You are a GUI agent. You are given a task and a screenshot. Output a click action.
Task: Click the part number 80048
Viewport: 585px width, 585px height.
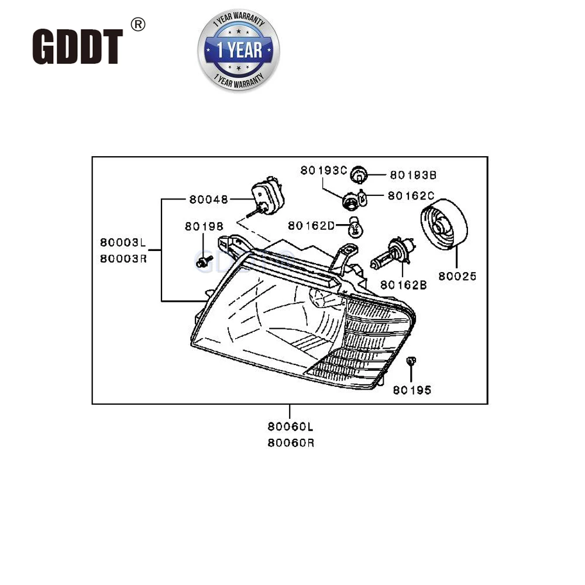point(208,199)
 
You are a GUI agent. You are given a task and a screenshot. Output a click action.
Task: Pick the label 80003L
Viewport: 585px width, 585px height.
point(122,242)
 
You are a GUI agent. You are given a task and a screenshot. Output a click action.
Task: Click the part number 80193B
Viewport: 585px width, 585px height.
point(413,175)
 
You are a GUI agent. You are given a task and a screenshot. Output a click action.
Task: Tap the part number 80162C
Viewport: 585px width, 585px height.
point(411,196)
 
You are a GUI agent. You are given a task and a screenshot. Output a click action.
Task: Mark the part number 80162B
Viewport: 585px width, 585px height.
point(403,285)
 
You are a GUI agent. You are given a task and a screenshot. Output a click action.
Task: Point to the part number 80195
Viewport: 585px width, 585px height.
point(412,390)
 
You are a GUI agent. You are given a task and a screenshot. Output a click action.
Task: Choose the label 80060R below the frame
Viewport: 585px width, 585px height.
point(291,443)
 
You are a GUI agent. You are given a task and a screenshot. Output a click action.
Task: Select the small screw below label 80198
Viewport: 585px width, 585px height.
point(203,261)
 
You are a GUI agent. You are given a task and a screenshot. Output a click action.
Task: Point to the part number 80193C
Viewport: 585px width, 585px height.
point(324,171)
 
